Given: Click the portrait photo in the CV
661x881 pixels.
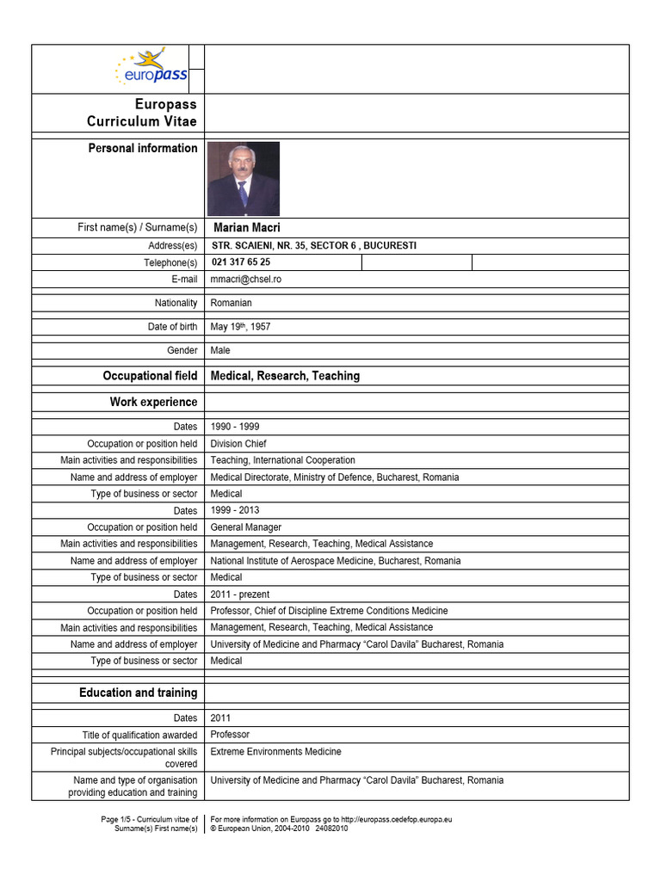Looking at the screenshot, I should pyautogui.click(x=244, y=179).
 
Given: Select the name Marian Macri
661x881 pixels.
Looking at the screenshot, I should pyautogui.click(x=247, y=228).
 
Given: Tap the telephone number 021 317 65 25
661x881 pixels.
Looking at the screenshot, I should pyautogui.click(x=241, y=262).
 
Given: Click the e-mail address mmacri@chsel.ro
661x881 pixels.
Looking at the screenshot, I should pyautogui.click(x=246, y=279).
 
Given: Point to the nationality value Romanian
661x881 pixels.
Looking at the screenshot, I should pyautogui.click(x=232, y=303).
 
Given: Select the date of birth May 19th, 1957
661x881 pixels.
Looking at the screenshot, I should pyautogui.click(x=241, y=327).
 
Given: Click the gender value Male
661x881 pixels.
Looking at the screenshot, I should pyautogui.click(x=220, y=350).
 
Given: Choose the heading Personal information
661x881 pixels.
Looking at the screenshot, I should pyautogui.click(x=143, y=148).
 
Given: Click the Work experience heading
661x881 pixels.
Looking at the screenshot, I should pyautogui.click(x=153, y=402).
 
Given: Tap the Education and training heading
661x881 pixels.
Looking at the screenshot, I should pyautogui.click(x=138, y=693).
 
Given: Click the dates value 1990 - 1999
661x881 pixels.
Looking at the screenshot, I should pyautogui.click(x=235, y=427).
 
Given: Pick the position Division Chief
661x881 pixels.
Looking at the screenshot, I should pyautogui.click(x=238, y=444).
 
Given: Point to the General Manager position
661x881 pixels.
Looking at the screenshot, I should pyautogui.click(x=246, y=527).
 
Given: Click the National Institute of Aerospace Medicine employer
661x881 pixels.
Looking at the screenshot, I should pyautogui.click(x=335, y=561).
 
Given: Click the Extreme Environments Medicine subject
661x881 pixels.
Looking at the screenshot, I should pyautogui.click(x=275, y=751).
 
